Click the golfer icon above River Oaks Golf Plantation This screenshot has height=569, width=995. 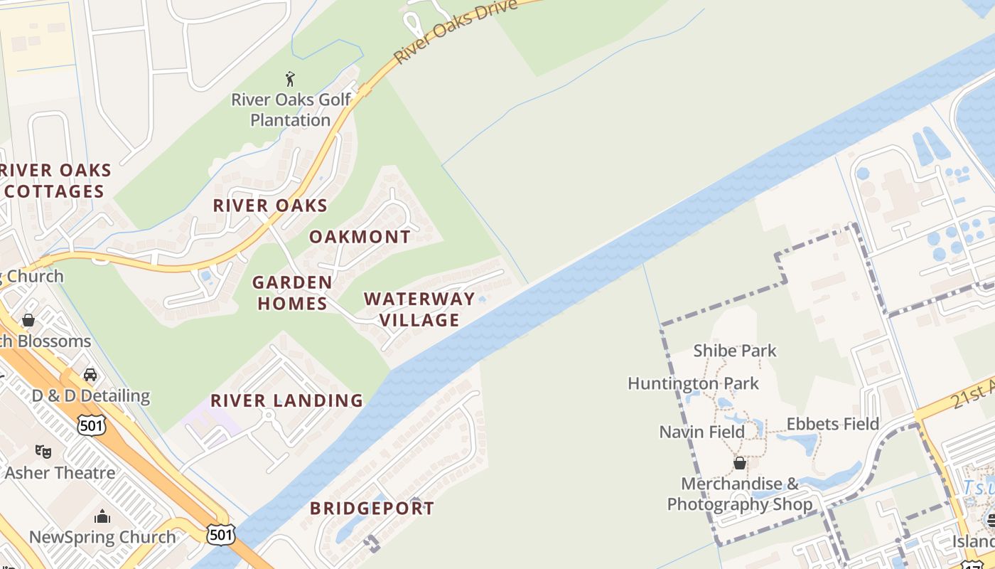[290, 79]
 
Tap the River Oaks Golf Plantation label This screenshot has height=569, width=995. [291, 110]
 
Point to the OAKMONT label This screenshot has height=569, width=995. [360, 237]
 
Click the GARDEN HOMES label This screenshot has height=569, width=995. [292, 293]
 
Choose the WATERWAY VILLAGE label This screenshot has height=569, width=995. [419, 309]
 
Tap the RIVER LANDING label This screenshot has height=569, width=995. [286, 400]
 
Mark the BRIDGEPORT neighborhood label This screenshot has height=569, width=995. [372, 509]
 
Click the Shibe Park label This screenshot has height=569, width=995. [735, 351]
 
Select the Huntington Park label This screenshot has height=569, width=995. [693, 384]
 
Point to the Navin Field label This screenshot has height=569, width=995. [702, 432]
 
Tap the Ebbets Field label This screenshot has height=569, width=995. [832, 425]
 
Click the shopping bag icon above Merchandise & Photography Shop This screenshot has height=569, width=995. [740, 463]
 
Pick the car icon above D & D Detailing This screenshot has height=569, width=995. [90, 374]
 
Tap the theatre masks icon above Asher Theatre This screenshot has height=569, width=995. [43, 451]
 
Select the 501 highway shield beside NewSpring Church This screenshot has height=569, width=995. [220, 534]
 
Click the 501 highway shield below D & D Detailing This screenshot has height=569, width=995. [92, 425]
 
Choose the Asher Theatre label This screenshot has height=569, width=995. [60, 473]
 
